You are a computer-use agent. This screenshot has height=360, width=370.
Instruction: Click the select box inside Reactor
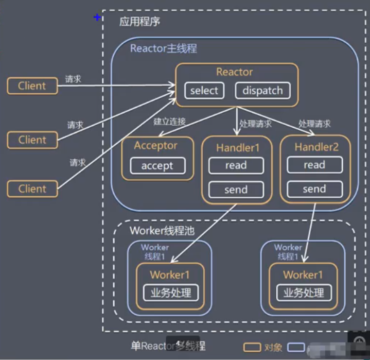click(204, 91)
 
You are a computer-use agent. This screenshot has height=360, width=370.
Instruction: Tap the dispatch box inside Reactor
click(262, 91)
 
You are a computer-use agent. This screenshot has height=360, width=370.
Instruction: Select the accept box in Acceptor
click(157, 166)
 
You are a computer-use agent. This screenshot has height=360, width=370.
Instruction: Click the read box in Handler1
click(236, 165)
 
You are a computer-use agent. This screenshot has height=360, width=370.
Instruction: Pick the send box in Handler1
click(236, 190)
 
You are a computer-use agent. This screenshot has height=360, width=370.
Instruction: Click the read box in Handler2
click(314, 165)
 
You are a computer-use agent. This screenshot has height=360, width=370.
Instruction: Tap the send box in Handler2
click(314, 189)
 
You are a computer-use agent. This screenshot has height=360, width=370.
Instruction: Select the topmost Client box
click(32, 86)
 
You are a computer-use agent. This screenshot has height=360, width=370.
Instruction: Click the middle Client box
click(32, 140)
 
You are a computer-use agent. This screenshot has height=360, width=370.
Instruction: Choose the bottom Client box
click(32, 189)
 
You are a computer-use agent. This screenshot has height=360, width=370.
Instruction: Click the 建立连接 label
click(169, 122)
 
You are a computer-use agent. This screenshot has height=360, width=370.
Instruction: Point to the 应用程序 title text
click(140, 22)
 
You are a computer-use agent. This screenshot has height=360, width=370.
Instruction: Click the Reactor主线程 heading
click(164, 49)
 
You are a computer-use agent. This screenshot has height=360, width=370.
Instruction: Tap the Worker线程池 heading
click(162, 231)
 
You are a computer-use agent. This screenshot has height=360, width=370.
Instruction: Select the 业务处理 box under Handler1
click(170, 293)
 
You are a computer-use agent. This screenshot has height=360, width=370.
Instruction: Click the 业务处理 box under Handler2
click(304, 293)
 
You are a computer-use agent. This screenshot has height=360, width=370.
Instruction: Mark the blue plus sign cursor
click(97, 18)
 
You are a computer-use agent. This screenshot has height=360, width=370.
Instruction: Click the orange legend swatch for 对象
click(252, 348)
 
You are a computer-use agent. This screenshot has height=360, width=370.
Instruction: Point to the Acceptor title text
click(155, 146)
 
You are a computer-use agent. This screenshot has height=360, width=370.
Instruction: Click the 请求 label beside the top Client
click(73, 79)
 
